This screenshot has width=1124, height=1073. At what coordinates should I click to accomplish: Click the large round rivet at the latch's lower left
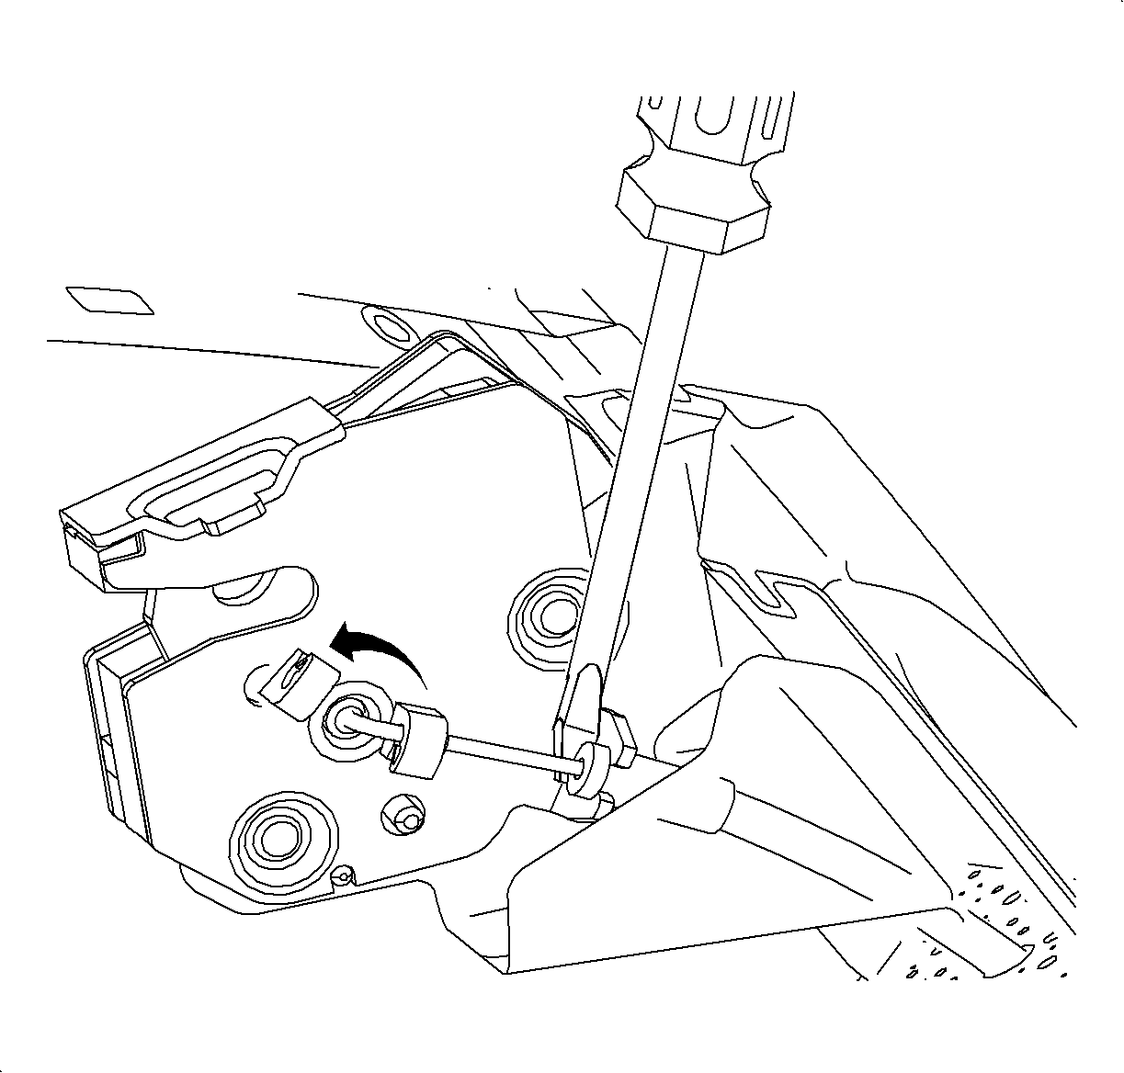[x=273, y=835]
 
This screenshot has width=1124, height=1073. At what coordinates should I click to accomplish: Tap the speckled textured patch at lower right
[x=1002, y=919]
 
